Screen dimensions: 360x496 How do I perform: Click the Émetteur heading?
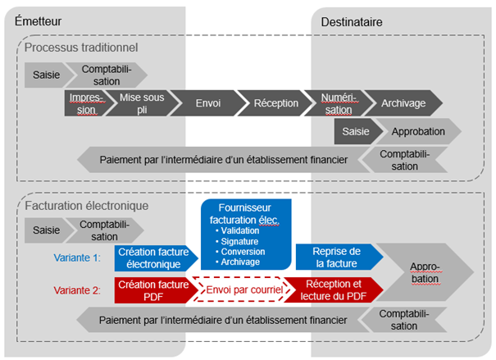pos(38,20)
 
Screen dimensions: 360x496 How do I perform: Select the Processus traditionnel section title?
pos(80,48)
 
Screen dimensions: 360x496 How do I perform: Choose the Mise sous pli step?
pos(142,104)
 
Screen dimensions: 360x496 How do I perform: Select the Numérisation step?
pos(338,104)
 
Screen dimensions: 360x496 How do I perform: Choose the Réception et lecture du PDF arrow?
pos(331,290)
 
